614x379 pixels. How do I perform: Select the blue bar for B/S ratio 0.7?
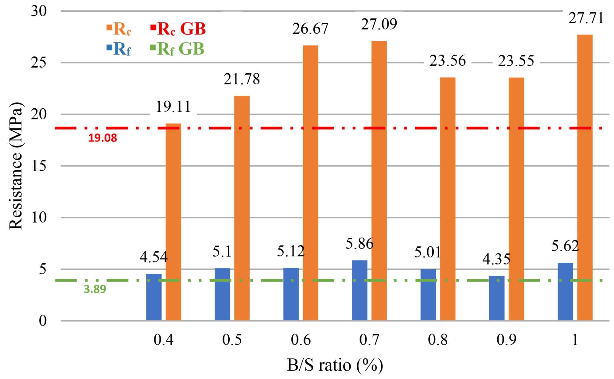click(359, 290)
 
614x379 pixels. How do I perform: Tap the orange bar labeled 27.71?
click(585, 178)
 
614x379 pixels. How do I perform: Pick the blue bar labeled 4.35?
click(496, 298)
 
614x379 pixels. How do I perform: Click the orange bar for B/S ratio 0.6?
click(310, 183)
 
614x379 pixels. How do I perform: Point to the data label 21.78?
click(242, 79)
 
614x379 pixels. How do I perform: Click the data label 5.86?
click(359, 244)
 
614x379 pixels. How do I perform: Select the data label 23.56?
click(447, 61)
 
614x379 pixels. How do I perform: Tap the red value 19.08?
click(103, 138)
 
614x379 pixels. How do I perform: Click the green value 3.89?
click(95, 289)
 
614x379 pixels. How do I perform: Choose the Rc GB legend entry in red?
click(178, 29)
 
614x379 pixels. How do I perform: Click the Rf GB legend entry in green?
click(177, 49)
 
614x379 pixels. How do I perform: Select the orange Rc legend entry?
click(119, 29)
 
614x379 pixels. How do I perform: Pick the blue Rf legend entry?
click(119, 49)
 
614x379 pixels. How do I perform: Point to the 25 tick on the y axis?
click(39, 63)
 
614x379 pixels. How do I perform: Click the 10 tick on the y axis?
click(39, 218)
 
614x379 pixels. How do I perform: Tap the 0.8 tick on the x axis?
click(437, 340)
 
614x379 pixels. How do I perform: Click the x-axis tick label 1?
click(575, 340)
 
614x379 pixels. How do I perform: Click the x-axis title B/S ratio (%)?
click(335, 365)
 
